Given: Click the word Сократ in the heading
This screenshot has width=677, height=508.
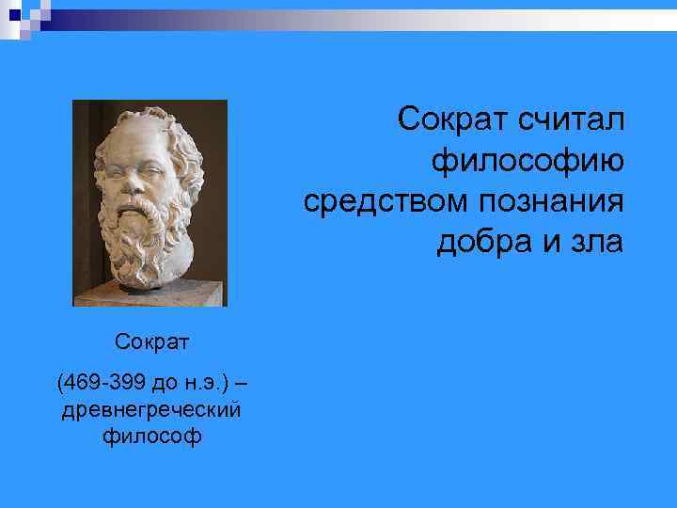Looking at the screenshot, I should (x=449, y=119).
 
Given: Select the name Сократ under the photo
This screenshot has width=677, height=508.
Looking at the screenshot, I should (x=150, y=339).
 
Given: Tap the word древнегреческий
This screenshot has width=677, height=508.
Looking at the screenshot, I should (x=150, y=410).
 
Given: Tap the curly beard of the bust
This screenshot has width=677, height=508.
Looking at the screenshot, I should (x=150, y=235).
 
